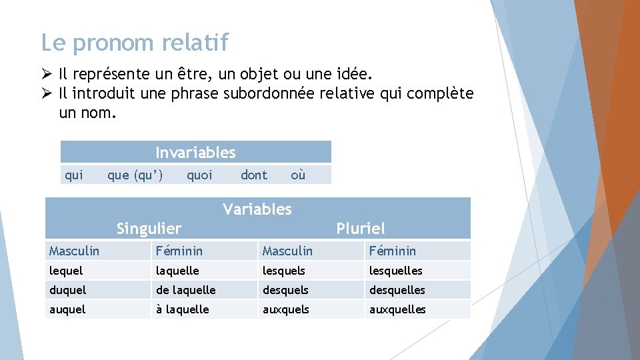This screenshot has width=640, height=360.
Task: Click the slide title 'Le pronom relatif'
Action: coord(134,43)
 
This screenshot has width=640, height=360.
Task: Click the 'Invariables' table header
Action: coord(195,153)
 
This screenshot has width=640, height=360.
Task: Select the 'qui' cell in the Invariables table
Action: coord(73,175)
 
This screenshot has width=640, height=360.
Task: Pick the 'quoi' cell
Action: coord(199,175)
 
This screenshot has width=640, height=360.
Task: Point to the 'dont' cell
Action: coord(253,175)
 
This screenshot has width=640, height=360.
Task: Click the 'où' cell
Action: coord(298,175)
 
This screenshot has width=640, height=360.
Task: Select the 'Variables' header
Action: coord(257,209)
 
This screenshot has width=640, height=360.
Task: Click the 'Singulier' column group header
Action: coord(149,229)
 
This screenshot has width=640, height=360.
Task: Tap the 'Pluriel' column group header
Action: coord(361,229)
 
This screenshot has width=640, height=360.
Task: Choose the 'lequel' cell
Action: coord(66,271)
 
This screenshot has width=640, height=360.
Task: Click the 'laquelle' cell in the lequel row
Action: coord(177,271)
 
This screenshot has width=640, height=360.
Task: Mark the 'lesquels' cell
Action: coord(284,271)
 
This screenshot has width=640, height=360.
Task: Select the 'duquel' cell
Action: coord(67,290)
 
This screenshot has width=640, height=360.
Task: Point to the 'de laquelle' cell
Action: coord(185,290)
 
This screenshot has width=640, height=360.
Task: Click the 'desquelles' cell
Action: coord(397,290)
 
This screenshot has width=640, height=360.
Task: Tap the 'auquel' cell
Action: coord(67,309)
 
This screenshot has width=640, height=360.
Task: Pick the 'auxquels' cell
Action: coord(286,309)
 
